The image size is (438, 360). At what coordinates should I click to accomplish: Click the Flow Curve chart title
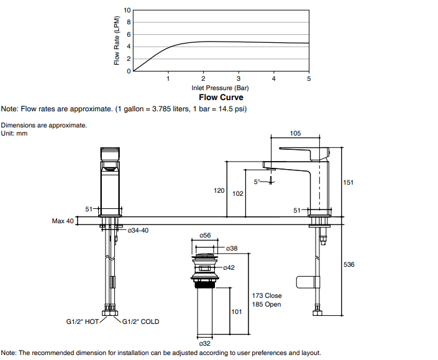pyautogui.click(x=221, y=98)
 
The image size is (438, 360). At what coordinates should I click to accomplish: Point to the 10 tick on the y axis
pyautogui.click(x=128, y=11)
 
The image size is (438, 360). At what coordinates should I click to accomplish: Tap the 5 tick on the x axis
pyautogui.click(x=309, y=79)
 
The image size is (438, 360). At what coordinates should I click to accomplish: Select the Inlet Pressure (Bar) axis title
pyautogui.click(x=220, y=88)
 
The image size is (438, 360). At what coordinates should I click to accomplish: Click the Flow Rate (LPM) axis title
pyautogui.click(x=117, y=40)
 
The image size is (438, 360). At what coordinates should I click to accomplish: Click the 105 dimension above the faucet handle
pyautogui.click(x=295, y=134)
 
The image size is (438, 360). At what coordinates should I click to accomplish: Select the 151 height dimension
pyautogui.click(x=349, y=182)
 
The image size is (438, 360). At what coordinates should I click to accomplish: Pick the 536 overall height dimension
pyautogui.click(x=349, y=265)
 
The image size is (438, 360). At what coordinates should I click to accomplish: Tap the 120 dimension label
pyautogui.click(x=219, y=190)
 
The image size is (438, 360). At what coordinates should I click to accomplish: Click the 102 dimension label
pyautogui.click(x=237, y=194)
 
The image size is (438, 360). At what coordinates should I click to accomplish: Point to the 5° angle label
pyautogui.click(x=257, y=182)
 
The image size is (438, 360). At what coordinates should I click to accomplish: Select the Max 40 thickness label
pyautogui.click(x=63, y=221)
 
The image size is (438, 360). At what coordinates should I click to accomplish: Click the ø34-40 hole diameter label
pyautogui.click(x=138, y=230)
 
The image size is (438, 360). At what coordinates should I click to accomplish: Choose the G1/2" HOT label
pyautogui.click(x=83, y=322)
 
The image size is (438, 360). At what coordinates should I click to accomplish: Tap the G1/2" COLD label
pyautogui.click(x=140, y=322)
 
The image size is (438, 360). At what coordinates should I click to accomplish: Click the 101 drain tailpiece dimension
pyautogui.click(x=236, y=312)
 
